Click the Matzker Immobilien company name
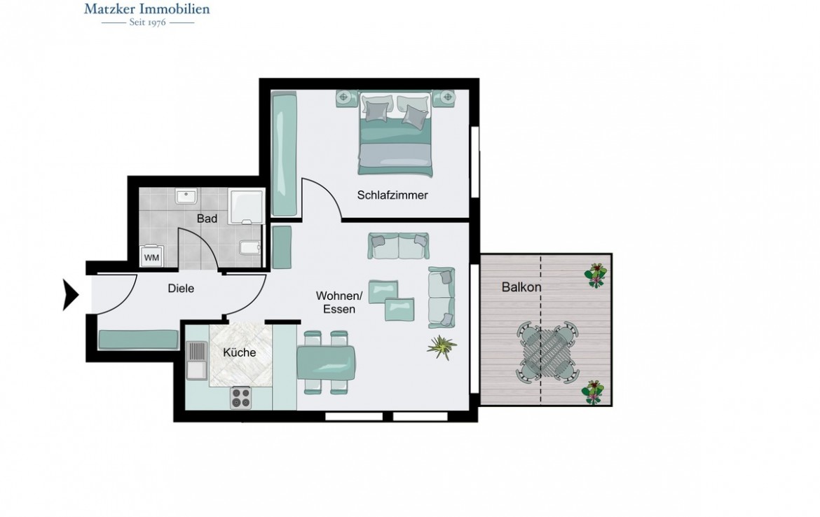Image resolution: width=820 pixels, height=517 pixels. (x=147, y=9)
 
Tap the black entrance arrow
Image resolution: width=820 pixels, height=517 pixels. (x=71, y=294)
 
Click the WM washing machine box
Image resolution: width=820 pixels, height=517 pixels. (x=151, y=257)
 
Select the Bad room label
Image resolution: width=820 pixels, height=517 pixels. (x=207, y=219)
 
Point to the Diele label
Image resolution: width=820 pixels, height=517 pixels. (x=181, y=288)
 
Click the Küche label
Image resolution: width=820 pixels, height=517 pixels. (x=239, y=352)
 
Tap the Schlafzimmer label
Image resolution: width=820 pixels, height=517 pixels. (x=392, y=195)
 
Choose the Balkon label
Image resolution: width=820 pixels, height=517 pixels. (x=521, y=287)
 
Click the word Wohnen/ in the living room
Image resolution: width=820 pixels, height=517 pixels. (x=339, y=296)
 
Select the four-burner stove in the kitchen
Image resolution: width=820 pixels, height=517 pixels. (x=240, y=398)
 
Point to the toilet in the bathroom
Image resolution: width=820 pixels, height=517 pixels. (x=250, y=248)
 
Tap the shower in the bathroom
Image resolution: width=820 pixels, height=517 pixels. (x=247, y=206)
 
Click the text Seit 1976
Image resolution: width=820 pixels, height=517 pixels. (x=147, y=22)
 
